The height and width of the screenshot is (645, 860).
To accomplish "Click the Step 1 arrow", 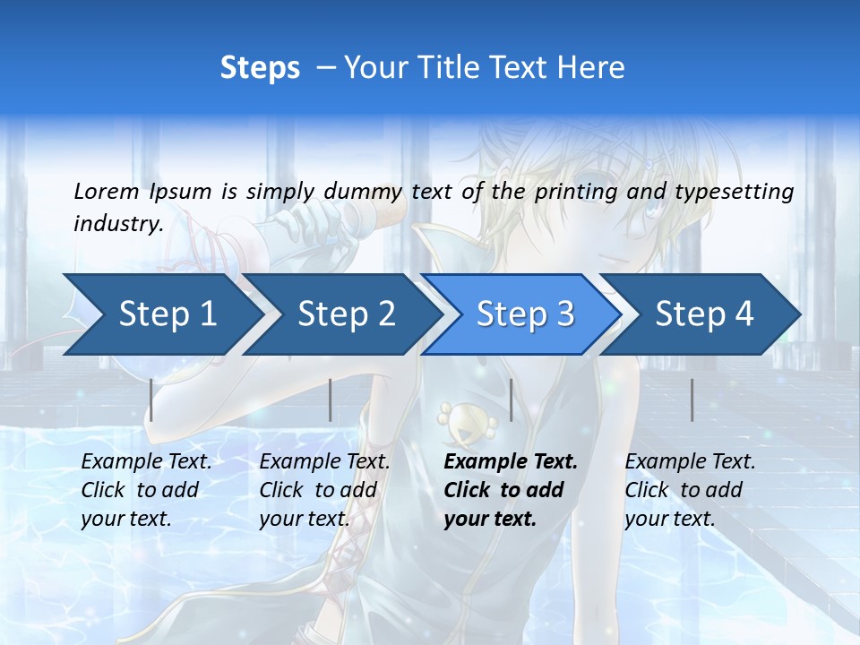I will click(161, 314).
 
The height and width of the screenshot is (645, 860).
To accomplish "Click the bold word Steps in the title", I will click(260, 67).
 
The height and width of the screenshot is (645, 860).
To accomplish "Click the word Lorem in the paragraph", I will click(107, 191).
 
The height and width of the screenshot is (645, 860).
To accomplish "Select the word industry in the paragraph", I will click(118, 223).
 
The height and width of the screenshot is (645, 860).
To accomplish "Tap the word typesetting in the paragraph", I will click(734, 191).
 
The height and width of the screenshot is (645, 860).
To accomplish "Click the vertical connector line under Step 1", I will click(151, 400).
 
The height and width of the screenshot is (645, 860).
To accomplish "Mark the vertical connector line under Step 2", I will click(331, 400).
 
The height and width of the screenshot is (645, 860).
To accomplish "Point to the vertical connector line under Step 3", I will click(511, 400).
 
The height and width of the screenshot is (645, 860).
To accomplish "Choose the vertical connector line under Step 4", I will click(692, 400).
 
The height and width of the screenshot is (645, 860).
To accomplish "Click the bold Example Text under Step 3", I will click(511, 462).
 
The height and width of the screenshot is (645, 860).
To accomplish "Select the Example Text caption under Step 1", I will click(146, 462).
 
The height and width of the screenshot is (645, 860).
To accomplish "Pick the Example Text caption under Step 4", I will click(690, 462).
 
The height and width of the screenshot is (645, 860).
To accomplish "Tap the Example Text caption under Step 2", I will click(324, 462).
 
